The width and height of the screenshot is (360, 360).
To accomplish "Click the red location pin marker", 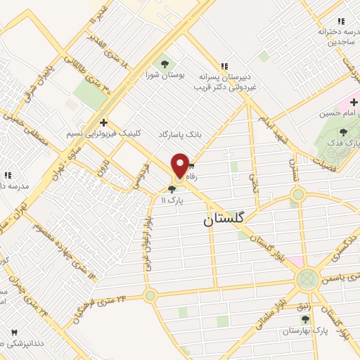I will pyautogui.click(x=180, y=167).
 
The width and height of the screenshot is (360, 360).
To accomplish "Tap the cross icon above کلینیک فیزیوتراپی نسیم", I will pyautogui.click(x=103, y=122).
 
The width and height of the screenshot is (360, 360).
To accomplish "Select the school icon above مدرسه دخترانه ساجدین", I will pyautogui.click(x=341, y=22).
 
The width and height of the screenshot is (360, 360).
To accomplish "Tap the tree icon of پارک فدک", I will pyautogui.click(x=343, y=131).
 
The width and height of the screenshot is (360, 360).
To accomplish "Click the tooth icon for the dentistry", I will pyautogui.click(x=13, y=330).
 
